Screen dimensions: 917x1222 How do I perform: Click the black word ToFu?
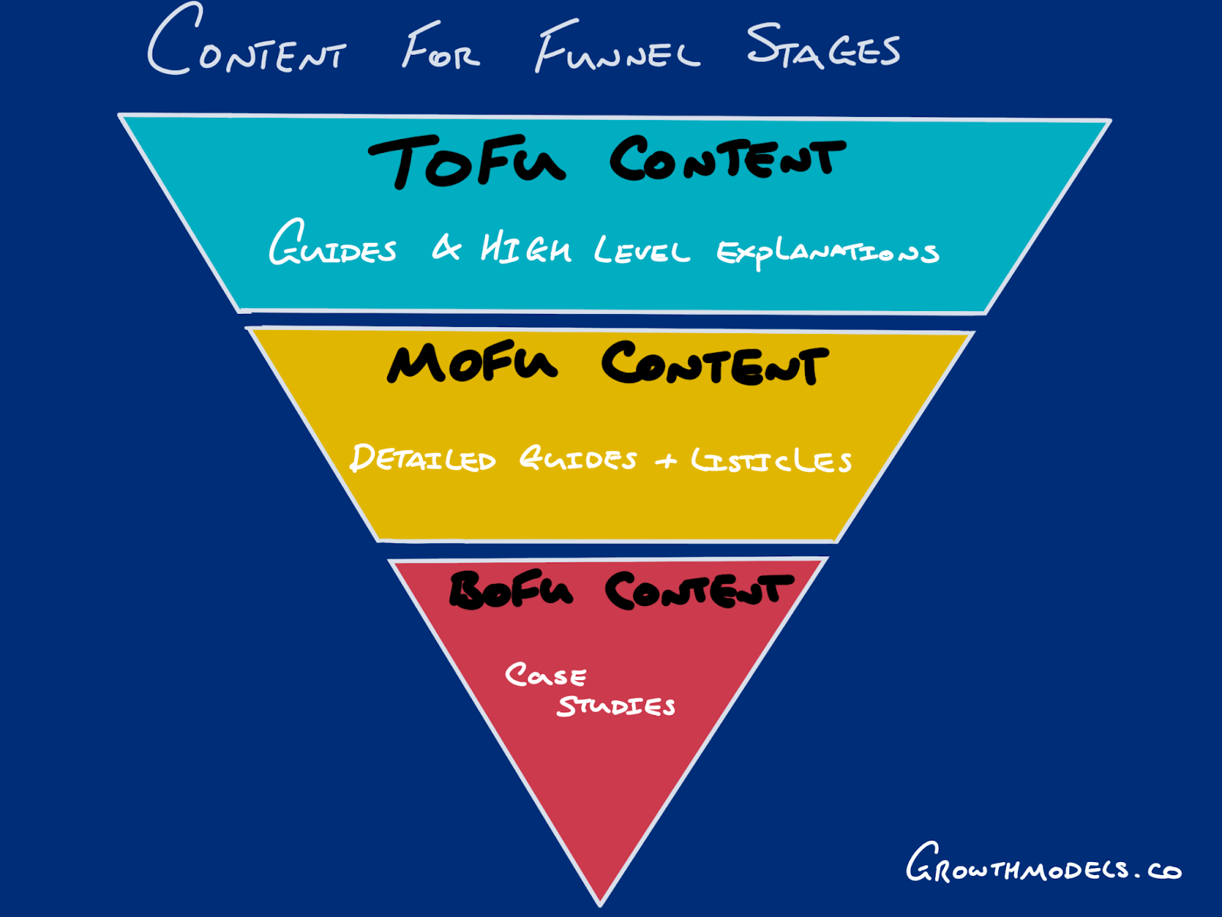[x=467, y=160]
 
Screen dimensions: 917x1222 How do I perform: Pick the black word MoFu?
[x=472, y=362]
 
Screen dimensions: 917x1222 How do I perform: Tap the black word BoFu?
[x=510, y=590]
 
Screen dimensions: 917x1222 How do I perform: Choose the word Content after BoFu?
[x=699, y=591]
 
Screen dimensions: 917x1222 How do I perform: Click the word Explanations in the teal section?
[x=827, y=251]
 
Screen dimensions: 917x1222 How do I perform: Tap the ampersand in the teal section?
[x=447, y=248]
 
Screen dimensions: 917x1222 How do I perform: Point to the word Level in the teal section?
[x=642, y=250]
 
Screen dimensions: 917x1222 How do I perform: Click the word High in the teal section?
[x=525, y=249]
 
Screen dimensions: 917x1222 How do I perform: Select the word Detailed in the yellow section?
[x=423, y=458]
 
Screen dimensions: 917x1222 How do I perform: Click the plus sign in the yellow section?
[x=666, y=461]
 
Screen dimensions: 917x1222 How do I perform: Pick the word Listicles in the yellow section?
[x=771, y=460]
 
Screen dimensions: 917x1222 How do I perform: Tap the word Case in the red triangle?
[x=545, y=676]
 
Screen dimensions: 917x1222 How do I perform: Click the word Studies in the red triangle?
[x=616, y=705]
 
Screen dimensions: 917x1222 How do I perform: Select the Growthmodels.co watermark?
[x=1043, y=865]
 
